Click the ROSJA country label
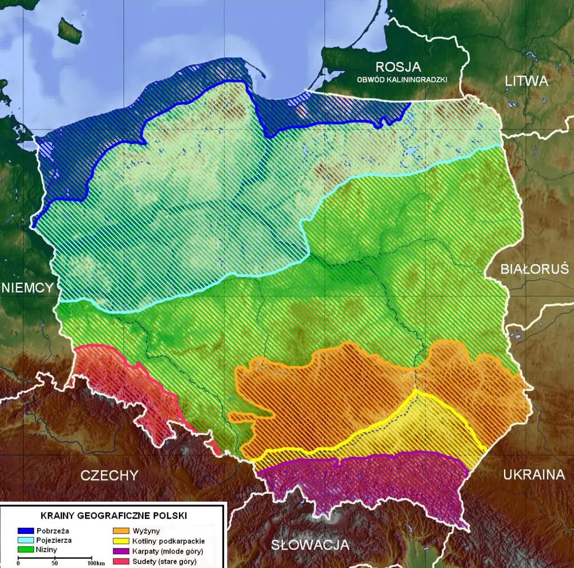click(x=398, y=67)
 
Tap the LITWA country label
click(x=526, y=81)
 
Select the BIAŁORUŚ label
click(x=534, y=269)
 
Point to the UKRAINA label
click(x=534, y=475)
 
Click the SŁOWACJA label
click(x=309, y=545)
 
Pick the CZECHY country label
click(x=109, y=475)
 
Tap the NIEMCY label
click(x=27, y=288)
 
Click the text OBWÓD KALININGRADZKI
click(x=402, y=80)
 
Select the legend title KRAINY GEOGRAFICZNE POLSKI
click(x=113, y=516)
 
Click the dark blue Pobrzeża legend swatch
click(x=26, y=531)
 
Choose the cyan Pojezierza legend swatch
click(x=26, y=540)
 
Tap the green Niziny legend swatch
click(x=26, y=550)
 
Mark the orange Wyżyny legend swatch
click(x=121, y=531)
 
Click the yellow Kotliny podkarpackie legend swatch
click(x=121, y=541)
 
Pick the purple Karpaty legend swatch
click(x=121, y=551)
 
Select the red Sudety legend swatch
click(x=121, y=561)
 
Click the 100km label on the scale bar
click(x=96, y=564)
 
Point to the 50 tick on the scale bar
click(x=55, y=563)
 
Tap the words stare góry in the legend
click(x=177, y=562)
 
